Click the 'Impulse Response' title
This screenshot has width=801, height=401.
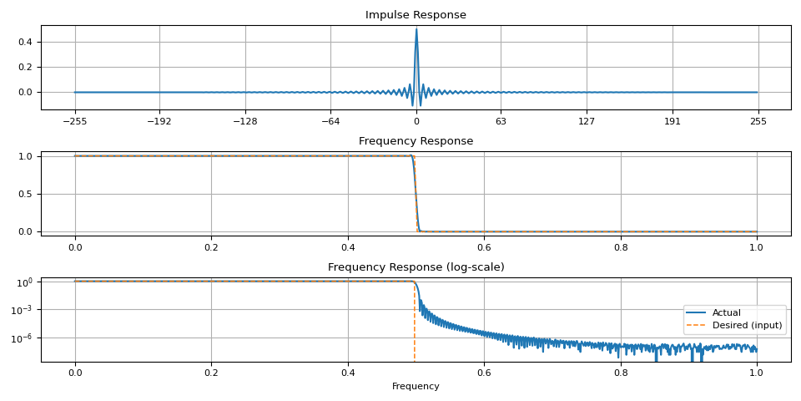point(416,15)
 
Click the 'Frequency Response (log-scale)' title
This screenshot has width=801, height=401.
point(416,267)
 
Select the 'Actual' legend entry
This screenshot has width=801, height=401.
point(726,312)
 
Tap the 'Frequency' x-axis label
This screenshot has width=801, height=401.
point(416,387)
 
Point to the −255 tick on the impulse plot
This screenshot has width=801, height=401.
point(74,120)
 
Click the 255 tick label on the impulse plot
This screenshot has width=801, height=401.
point(758,120)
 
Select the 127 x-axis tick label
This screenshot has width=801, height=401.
point(587,120)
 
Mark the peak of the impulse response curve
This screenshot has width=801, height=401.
point(416,29)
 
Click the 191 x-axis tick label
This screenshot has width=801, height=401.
point(672,120)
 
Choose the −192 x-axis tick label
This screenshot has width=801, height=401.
point(159,120)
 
